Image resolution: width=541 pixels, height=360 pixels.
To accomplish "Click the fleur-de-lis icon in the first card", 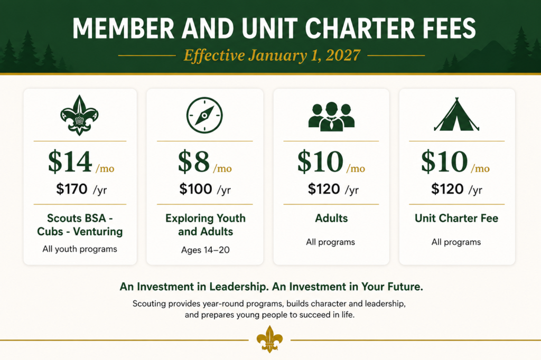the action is point(79,115).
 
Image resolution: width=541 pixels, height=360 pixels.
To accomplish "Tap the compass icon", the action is point(204,115).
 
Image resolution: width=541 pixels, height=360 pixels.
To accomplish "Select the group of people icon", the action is point(331,117).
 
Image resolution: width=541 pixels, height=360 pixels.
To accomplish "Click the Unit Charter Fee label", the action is point(456,219).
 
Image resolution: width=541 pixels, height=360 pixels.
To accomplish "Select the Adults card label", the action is point(331,219).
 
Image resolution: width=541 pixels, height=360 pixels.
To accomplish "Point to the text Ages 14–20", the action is point(206,250).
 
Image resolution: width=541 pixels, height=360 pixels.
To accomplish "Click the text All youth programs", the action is point(80,249).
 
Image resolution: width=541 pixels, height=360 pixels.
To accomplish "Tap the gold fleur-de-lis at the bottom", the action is point(269,339).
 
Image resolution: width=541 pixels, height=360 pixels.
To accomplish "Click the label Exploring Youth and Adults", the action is point(206,225).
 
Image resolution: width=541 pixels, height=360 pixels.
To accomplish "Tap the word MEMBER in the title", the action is point(124,29).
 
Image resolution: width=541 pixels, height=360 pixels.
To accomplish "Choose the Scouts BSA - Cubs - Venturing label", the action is point(80,225).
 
